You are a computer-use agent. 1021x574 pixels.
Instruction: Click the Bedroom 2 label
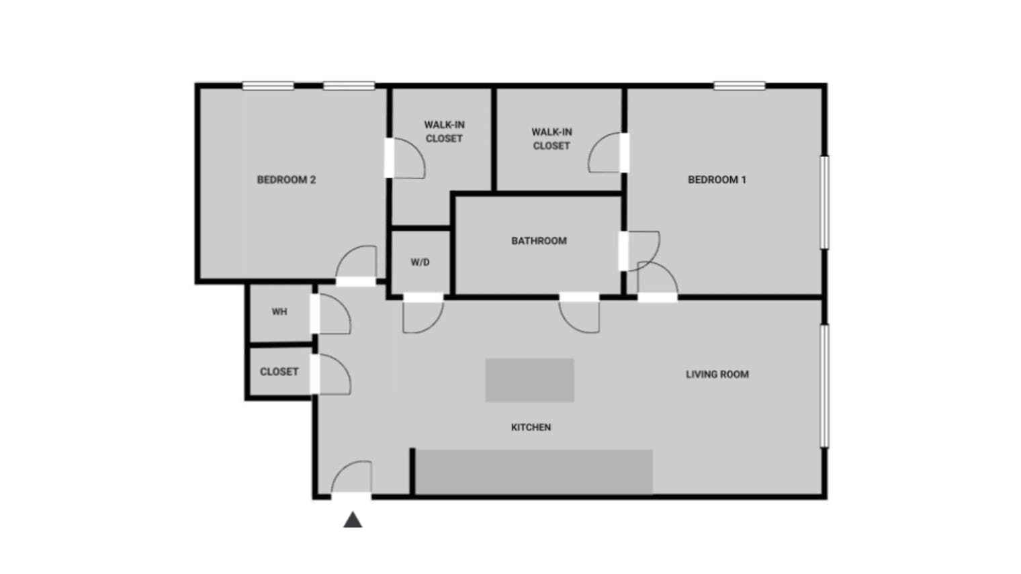click(286, 180)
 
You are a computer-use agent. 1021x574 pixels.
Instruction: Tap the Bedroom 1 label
click(717, 180)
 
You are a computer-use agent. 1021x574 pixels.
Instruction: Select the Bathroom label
click(539, 241)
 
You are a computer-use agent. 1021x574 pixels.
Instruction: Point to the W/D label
click(420, 262)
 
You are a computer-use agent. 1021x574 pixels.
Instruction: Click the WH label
click(279, 312)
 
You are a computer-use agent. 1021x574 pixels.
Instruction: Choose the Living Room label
click(717, 375)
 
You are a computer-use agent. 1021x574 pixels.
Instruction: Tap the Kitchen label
click(531, 428)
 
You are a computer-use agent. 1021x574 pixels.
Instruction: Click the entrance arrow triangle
click(353, 520)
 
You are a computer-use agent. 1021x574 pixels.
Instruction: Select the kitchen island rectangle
click(529, 381)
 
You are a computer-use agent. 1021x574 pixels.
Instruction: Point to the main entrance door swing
click(352, 478)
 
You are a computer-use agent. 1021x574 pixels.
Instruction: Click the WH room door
click(332, 315)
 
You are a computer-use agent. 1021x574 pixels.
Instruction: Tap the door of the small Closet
click(332, 375)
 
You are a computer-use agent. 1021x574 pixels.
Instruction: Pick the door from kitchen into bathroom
click(580, 314)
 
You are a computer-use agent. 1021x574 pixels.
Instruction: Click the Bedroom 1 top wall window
click(739, 86)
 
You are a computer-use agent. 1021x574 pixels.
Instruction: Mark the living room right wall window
click(825, 386)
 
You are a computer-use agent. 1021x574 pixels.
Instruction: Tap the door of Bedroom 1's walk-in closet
click(606, 153)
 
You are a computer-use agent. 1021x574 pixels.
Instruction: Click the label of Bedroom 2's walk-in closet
click(444, 132)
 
